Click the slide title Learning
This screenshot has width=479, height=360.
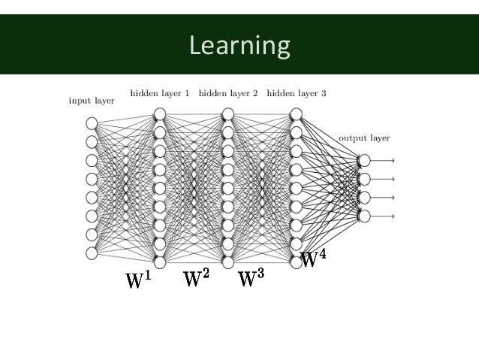239,47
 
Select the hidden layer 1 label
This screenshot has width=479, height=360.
160,95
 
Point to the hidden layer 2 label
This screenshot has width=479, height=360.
227,95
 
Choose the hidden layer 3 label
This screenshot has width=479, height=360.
296,95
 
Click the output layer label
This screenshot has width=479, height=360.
364,138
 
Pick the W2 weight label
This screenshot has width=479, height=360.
197,279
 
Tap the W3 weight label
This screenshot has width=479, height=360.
251,279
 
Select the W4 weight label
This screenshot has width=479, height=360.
313,259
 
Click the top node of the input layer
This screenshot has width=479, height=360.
92,123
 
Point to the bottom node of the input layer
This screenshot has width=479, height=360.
92,253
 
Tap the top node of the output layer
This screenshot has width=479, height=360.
364,160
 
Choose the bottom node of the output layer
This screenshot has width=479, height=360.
364,216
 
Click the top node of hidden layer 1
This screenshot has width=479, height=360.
159,114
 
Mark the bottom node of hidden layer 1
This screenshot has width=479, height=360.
159,262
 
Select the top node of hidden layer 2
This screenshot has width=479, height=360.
227,114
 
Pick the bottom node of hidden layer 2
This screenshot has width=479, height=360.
227,262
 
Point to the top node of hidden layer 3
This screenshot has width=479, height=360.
296,114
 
